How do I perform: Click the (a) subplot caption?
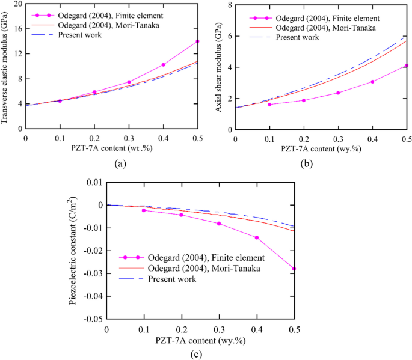(x=111, y=162)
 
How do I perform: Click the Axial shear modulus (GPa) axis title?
(x=218, y=67)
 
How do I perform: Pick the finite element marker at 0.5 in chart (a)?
(x=197, y=41)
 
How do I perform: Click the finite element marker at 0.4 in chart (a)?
(x=163, y=65)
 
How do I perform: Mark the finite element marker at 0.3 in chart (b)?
(x=337, y=93)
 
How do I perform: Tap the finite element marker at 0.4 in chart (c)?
(x=256, y=237)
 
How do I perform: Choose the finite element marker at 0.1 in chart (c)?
(x=144, y=210)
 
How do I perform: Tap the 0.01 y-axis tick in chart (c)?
(x=94, y=182)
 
